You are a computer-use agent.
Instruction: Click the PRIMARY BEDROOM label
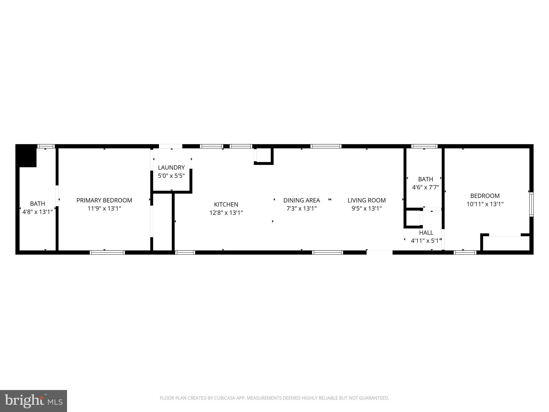coord(104,200)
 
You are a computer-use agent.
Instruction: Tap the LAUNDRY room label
coord(171,168)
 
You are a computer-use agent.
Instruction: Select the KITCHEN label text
coord(226,204)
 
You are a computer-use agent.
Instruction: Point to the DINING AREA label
coord(302,200)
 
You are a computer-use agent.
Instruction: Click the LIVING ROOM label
coord(366,200)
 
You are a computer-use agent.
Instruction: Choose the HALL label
coord(426,233)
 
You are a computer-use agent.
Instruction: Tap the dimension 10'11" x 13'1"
coord(485,204)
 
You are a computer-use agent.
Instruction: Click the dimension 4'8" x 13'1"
coord(38,212)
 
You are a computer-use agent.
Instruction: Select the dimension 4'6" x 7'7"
coord(425,187)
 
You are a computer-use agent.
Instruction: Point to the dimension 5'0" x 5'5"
coord(171,176)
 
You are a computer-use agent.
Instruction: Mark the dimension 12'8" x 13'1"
coord(226,213)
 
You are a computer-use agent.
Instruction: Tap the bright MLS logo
coord(34,401)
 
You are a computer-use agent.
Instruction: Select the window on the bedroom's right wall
coord(531,204)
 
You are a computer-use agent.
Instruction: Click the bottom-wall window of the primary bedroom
coord(107,252)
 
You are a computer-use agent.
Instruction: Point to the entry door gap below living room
coord(379,252)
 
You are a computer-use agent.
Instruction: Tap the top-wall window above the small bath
coord(424,146)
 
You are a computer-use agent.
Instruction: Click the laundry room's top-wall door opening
coord(170,146)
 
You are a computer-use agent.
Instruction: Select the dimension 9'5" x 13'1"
coord(366,209)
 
